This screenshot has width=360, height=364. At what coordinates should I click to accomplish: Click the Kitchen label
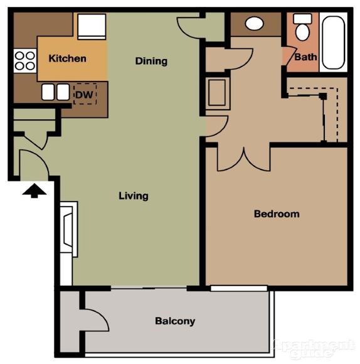pos(67,58)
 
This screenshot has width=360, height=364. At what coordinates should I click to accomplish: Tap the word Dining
pos(151,61)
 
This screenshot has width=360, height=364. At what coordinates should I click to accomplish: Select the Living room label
pos(134,196)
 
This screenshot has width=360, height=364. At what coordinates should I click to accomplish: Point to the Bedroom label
pos(277,214)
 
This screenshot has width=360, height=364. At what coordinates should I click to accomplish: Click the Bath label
pos(305,57)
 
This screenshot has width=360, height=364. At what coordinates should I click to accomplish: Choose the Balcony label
pos(175,321)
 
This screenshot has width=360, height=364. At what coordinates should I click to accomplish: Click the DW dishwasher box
pos(85,94)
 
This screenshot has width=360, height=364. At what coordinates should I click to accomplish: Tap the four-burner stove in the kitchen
pos(25,61)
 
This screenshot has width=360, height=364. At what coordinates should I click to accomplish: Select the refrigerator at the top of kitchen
pos(92,27)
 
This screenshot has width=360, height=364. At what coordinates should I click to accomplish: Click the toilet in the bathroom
pos(302,27)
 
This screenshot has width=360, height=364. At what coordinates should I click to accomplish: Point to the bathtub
pos(333,43)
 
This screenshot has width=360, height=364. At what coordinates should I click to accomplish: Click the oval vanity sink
pos(254,23)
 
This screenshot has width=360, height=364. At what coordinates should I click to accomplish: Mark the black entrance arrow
pos(34,191)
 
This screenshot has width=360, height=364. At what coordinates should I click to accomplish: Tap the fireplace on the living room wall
pos(69,229)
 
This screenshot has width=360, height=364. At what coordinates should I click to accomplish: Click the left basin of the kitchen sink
pos(48,92)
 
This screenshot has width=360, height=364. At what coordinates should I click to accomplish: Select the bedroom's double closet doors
pos(243,159)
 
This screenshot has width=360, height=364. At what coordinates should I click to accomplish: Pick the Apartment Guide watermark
pos(313,348)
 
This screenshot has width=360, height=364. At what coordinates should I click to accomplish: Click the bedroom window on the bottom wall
pos(239,288)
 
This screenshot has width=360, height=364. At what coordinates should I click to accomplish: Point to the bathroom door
pos(289,56)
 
